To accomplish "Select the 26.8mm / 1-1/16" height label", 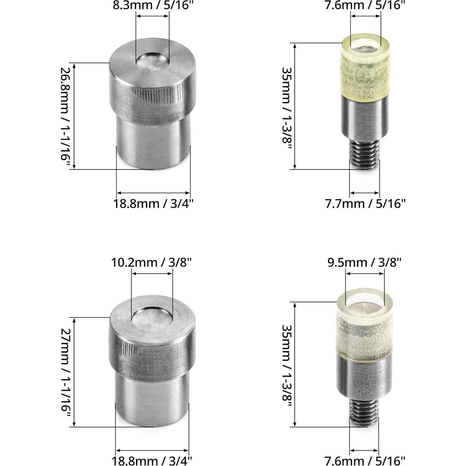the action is [65, 117].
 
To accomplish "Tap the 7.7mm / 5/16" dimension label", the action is [365, 204].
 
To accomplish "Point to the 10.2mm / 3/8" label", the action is [151, 262].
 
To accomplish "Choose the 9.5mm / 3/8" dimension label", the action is [364, 262].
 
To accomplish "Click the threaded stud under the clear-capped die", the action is [364, 412].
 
